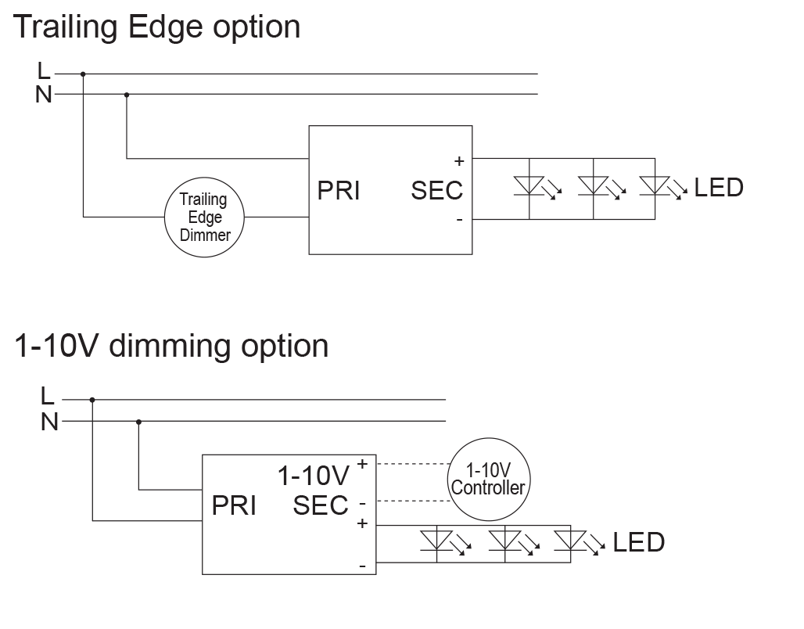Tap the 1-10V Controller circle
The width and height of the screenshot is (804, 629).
[488, 479]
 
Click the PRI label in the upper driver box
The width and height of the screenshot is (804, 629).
[338, 190]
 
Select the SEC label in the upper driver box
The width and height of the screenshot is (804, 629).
[436, 190]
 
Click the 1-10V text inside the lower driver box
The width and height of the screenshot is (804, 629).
[313, 476]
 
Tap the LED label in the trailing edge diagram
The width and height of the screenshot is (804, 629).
[718, 188]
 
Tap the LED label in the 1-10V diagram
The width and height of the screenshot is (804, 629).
[638, 541]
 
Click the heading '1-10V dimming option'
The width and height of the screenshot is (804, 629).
[172, 345]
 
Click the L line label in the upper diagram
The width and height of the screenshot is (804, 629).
[44, 71]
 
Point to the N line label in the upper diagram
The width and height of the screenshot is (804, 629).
[45, 94]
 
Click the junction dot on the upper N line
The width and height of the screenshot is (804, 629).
[127, 95]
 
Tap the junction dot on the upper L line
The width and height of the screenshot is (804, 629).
[83, 74]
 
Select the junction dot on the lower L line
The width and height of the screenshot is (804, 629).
[92, 400]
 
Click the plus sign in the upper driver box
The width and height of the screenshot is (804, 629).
[459, 161]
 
